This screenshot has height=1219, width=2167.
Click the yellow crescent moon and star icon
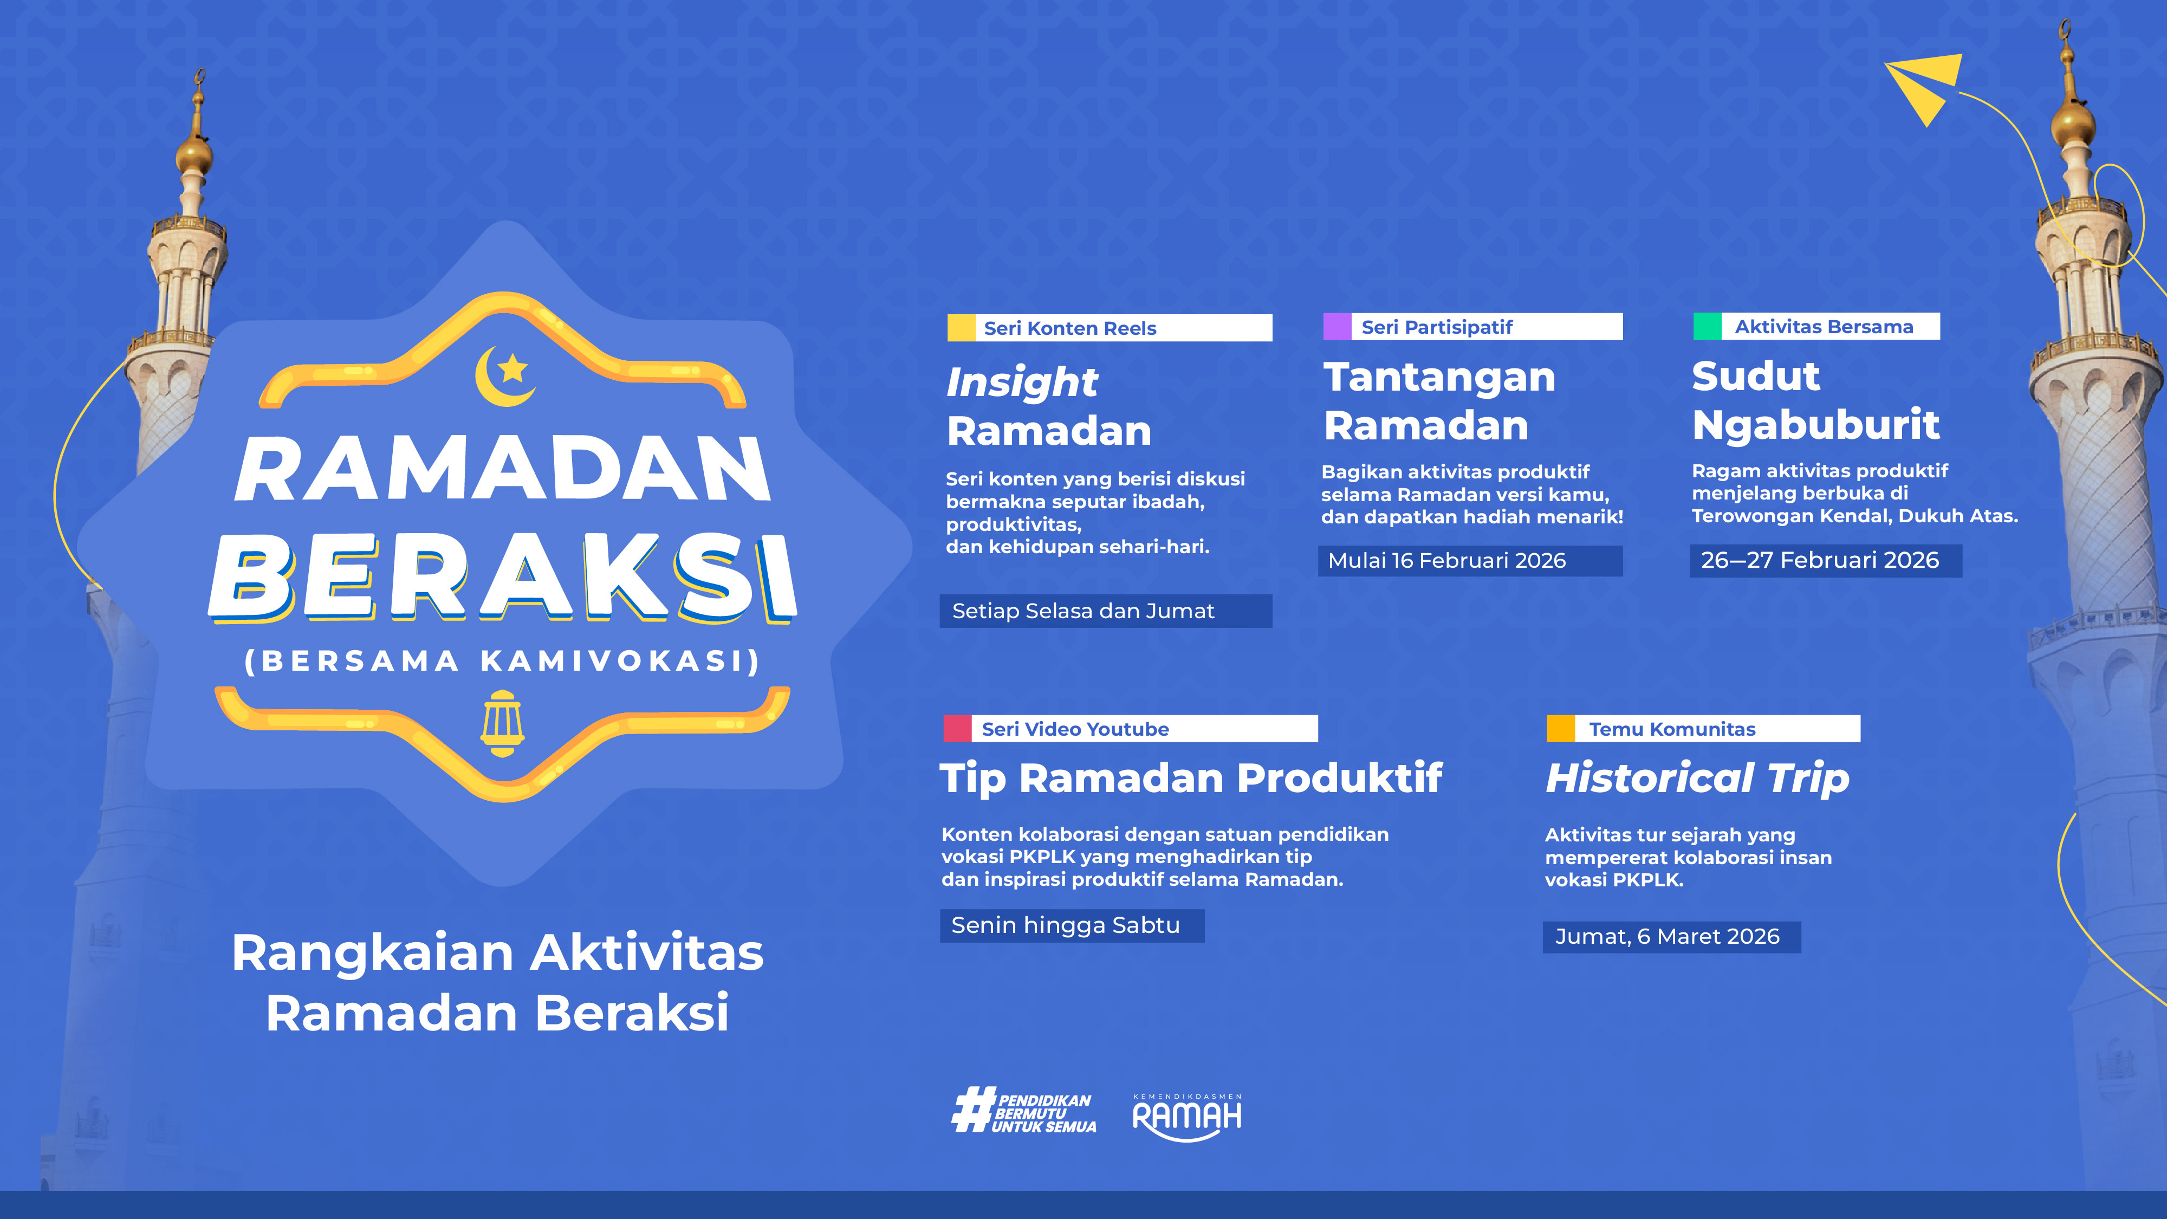[505, 375]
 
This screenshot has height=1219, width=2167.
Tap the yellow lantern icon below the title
[502, 723]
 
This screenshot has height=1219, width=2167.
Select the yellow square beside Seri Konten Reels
[961, 328]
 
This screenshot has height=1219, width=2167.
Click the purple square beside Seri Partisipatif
[1336, 326]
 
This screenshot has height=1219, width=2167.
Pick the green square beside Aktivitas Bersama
[1707, 326]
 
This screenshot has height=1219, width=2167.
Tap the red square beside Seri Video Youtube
[957, 729]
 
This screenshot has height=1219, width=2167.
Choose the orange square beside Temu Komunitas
[1560, 729]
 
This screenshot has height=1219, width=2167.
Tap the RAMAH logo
[1187, 1117]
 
